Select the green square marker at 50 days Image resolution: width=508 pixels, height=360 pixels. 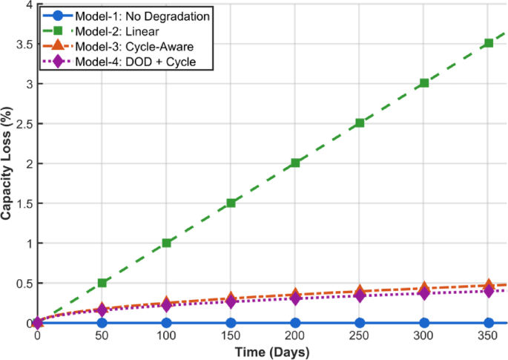click(102, 283)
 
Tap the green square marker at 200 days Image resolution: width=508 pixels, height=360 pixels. click(295, 163)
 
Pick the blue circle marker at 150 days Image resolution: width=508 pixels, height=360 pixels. click(231, 323)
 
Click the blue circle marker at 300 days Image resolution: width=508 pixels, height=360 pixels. click(424, 323)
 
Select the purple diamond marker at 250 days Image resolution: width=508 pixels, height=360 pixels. click(360, 295)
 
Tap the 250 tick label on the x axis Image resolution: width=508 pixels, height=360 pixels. click(360, 336)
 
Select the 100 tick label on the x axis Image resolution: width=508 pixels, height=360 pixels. click(167, 336)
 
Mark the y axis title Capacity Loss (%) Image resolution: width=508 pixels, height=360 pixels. click(7, 163)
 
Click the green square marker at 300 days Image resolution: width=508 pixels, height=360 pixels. click(424, 83)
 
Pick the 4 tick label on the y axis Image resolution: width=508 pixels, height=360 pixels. click(28, 4)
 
